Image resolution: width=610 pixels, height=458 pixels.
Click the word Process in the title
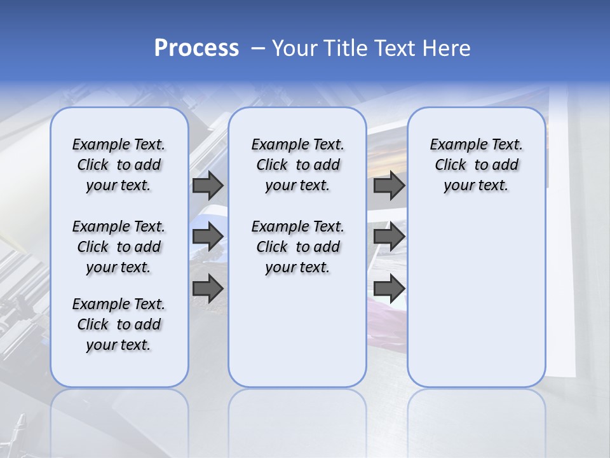[x=196, y=48]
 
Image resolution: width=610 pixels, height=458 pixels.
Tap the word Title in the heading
[x=341, y=48]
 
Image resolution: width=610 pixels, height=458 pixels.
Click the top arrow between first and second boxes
[x=208, y=185]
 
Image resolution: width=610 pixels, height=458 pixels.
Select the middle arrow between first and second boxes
[x=208, y=237]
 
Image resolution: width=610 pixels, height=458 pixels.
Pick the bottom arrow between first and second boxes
[x=208, y=289]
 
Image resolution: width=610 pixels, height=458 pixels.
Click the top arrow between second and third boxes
[x=389, y=185]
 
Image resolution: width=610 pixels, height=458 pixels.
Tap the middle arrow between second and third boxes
[x=389, y=237]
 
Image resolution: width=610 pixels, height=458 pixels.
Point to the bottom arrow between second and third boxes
[x=389, y=289]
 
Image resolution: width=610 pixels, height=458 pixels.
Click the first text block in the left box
[x=119, y=165]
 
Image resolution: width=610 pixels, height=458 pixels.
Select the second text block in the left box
[x=119, y=247]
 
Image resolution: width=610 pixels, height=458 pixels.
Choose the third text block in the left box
[x=119, y=324]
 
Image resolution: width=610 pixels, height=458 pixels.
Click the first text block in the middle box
[x=297, y=165]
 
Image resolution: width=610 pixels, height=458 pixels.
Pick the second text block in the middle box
[x=297, y=247]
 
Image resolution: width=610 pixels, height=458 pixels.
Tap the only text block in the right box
[x=476, y=165]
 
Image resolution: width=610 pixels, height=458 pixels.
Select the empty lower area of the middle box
[x=297, y=331]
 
